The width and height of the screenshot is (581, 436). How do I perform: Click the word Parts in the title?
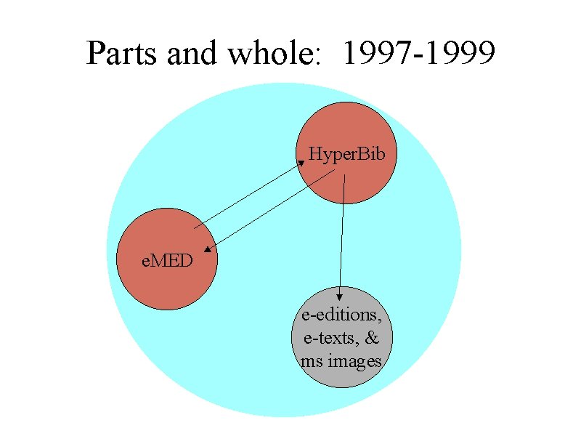(118, 53)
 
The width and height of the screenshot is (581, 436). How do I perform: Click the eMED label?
(168, 260)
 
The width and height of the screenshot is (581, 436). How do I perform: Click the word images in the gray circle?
(354, 361)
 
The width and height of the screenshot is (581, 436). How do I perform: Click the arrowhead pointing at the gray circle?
(340, 296)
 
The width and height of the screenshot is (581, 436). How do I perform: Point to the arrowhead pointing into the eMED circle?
(208, 250)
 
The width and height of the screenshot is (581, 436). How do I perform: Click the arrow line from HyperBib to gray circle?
(342, 233)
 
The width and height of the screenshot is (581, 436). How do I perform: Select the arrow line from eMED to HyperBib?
(247, 195)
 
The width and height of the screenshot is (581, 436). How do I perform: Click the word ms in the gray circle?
(309, 361)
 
